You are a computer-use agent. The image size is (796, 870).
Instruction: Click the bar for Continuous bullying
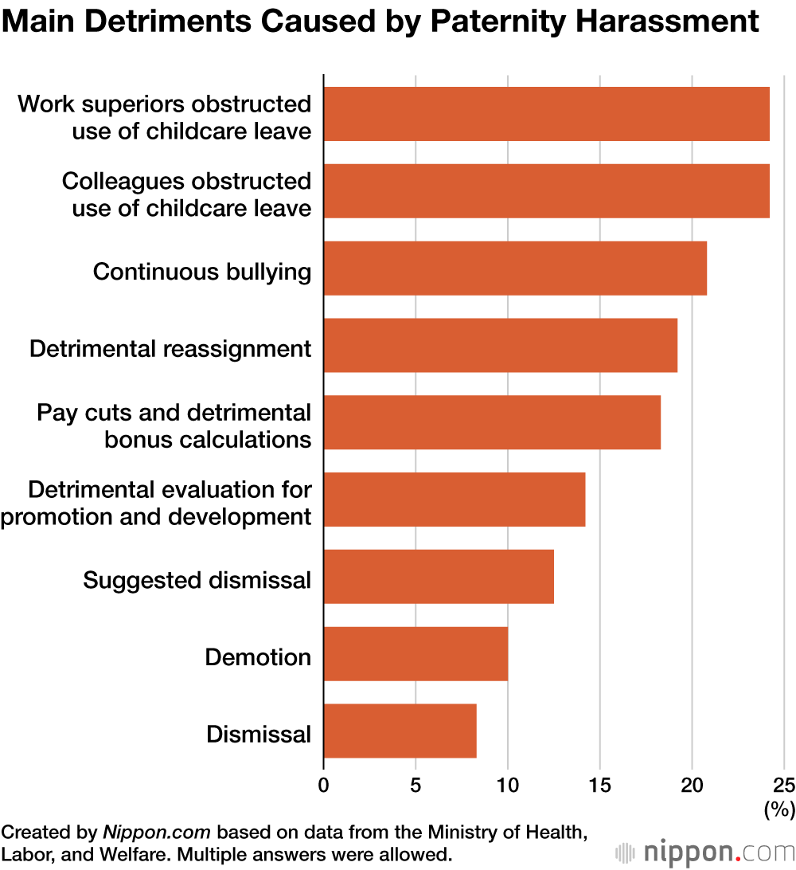(x=515, y=268)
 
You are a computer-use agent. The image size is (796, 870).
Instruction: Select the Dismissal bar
(x=400, y=731)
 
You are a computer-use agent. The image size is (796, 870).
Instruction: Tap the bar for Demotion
(x=416, y=653)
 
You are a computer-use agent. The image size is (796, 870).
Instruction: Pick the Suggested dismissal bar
(x=439, y=576)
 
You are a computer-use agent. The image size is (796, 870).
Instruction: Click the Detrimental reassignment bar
(x=500, y=345)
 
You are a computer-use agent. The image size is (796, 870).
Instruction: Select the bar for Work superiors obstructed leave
(x=546, y=114)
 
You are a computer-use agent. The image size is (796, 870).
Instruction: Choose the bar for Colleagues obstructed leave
(x=546, y=191)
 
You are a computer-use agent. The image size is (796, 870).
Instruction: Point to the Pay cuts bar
(x=492, y=422)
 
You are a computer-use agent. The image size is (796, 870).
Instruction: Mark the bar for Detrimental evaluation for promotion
(x=455, y=500)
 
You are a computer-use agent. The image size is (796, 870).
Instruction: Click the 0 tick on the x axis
(x=323, y=785)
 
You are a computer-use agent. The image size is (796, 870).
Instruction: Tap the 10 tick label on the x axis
(x=508, y=785)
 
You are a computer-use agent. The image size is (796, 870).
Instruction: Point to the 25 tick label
(x=784, y=785)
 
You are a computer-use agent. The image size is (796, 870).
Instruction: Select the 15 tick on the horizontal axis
(x=600, y=785)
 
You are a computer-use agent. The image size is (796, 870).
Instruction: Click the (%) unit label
(x=779, y=810)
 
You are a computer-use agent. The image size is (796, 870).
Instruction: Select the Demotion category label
(x=258, y=657)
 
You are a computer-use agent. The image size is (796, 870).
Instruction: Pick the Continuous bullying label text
(x=202, y=272)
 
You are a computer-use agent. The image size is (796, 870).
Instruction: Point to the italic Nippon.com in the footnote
(x=156, y=833)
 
